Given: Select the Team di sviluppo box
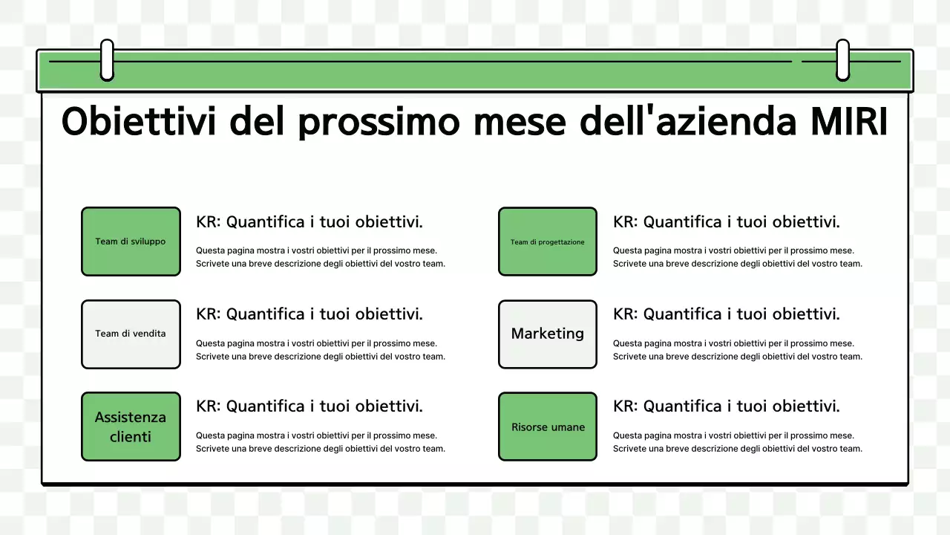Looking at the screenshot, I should coord(131,241).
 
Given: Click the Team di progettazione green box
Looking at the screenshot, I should coord(548,241).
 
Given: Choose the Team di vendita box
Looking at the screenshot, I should coord(131,334).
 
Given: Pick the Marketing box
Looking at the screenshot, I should coord(548,334).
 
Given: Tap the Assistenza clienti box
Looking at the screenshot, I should coord(131,427).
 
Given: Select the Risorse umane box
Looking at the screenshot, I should coord(548,427).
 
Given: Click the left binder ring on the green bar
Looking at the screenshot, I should coord(107,60).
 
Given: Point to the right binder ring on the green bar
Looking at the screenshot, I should coord(842,60).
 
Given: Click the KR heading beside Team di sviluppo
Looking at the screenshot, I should coord(309,221).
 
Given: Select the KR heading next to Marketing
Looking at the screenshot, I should coord(727,314).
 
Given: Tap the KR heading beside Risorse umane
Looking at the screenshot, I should coord(727,406).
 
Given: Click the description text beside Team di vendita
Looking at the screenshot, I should coord(321,350).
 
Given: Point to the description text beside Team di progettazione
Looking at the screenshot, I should coord(738,257).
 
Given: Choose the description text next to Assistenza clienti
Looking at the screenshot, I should coord(321,442).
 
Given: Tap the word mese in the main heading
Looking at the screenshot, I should coord(520,123).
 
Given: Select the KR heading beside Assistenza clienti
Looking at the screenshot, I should coord(309,406).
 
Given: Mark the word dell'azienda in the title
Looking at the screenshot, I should coord(684,121).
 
